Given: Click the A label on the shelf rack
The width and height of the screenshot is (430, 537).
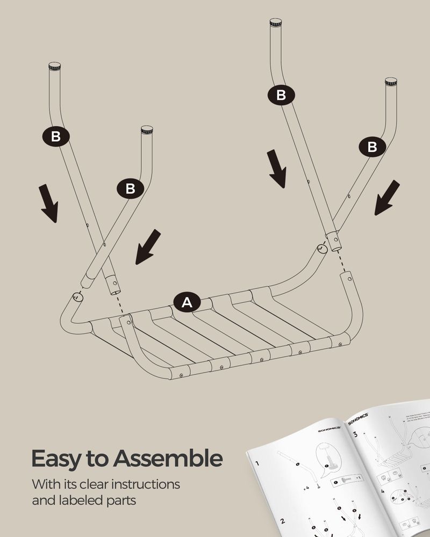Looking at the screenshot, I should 187,302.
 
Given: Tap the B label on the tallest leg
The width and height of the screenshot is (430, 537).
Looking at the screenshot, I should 281,96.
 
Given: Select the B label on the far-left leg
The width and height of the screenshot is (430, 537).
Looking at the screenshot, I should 56,136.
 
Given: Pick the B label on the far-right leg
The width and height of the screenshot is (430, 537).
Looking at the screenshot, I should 372,146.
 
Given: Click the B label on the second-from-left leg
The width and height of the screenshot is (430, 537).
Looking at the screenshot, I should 130,189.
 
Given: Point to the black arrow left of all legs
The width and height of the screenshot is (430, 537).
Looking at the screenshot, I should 49,203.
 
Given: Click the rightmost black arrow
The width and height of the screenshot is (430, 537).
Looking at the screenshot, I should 387,198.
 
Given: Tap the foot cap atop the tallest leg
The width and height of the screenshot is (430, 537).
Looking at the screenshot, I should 275,23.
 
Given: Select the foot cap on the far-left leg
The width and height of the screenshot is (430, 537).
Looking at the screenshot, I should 54,67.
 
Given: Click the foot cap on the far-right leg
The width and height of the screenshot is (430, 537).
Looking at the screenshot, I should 391,82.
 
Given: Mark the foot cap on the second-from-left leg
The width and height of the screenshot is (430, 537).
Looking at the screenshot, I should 146,130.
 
